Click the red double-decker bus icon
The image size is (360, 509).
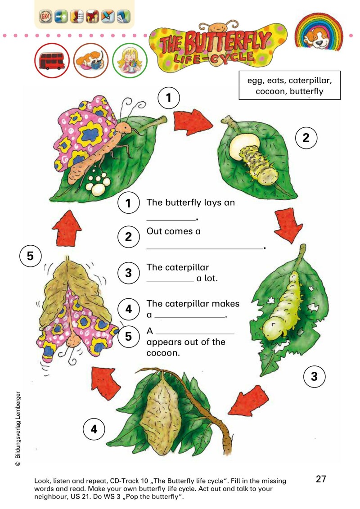[x=52, y=61]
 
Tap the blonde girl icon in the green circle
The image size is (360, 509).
[x=130, y=60]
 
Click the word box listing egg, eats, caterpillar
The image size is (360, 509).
[x=289, y=86]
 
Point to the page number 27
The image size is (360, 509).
[x=321, y=479]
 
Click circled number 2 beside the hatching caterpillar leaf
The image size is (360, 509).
[x=306, y=138]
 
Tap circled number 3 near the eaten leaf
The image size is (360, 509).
[x=314, y=377]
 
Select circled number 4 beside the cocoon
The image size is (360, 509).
[x=94, y=429]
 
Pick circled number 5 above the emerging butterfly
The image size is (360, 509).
[x=30, y=256]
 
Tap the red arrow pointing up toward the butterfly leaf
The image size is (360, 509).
[x=67, y=228]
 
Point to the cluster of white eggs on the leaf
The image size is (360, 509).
[x=96, y=183]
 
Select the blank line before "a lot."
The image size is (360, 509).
[x=170, y=281]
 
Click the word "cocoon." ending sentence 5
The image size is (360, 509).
[x=163, y=353]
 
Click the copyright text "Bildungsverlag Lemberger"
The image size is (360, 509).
[x=18, y=426]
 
